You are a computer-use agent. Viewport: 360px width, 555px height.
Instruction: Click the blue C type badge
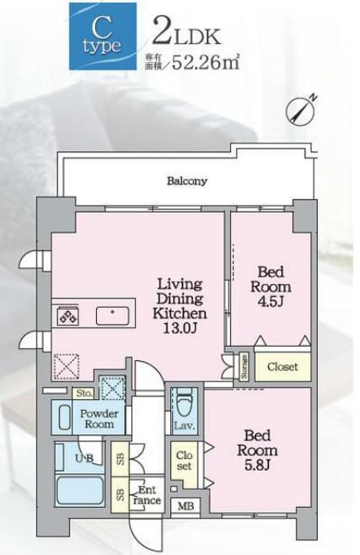(x=103, y=36)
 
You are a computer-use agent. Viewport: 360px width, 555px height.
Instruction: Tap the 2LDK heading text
(x=186, y=34)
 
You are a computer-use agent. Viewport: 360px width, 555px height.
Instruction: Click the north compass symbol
(x=301, y=110)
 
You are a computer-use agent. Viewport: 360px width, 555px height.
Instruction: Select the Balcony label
(x=187, y=181)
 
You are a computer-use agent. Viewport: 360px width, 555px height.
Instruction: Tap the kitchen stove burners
(x=68, y=315)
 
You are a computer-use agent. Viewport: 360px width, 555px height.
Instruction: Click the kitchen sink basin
(x=112, y=316)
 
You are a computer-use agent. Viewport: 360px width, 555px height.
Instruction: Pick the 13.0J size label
(x=180, y=328)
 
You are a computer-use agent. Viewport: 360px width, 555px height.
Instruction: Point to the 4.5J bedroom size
(x=271, y=301)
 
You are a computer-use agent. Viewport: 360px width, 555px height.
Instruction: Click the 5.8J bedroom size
(x=257, y=465)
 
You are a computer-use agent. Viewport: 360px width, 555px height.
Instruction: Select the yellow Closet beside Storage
(x=283, y=367)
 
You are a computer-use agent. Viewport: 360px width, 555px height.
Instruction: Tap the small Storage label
(x=244, y=367)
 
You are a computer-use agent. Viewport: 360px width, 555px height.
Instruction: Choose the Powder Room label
(x=99, y=418)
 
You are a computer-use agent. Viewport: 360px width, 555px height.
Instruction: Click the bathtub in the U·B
(x=79, y=491)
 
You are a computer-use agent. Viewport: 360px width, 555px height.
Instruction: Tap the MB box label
(x=185, y=506)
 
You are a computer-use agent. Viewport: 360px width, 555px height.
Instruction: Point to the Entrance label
(x=147, y=495)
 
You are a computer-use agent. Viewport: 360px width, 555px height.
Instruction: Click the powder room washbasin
(x=64, y=418)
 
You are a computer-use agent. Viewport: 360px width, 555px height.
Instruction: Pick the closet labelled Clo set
(x=185, y=461)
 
